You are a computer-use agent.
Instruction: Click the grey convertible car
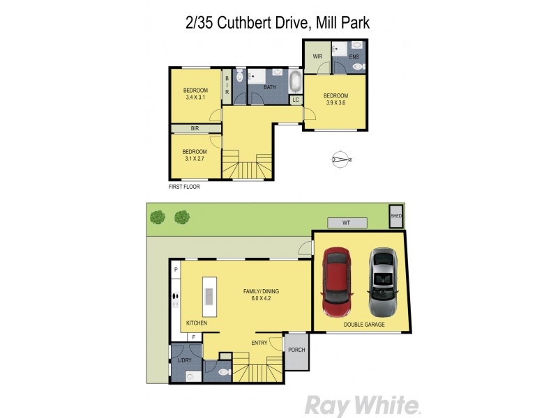coord(382,282)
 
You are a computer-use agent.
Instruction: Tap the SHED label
coord(396,216)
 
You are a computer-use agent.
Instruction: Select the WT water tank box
coord(346,223)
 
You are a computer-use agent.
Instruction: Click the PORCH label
coord(296,350)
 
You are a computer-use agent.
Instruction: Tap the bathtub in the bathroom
coord(295,83)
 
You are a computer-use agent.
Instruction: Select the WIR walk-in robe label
coord(317,56)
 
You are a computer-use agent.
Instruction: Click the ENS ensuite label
coord(354,56)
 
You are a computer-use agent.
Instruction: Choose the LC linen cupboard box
coord(296,100)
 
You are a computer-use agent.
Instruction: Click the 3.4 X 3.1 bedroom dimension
coord(195,98)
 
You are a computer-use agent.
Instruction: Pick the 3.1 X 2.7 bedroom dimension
coord(195,159)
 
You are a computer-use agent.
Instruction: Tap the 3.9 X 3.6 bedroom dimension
coord(335,102)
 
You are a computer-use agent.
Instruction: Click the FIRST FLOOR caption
coord(184,187)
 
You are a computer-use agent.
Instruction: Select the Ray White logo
coord(363,405)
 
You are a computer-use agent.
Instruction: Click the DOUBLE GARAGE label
coord(363,325)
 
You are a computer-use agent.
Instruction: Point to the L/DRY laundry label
coord(184,360)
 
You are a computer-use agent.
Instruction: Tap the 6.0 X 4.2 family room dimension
coord(257,298)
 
